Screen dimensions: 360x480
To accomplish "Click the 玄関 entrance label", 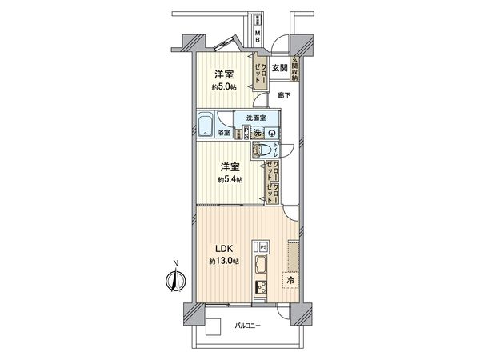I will click(279, 69).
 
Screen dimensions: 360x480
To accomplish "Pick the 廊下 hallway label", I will click(284, 95).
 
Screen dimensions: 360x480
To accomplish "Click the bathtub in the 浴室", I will click(206, 124).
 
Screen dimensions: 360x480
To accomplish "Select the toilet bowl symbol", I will click(262, 150).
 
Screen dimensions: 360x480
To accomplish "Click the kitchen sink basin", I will click(262, 267).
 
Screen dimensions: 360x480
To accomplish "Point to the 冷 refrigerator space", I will click(290, 282).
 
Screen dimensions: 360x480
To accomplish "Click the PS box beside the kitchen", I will click(262, 246).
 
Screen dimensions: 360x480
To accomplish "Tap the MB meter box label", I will click(258, 34).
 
